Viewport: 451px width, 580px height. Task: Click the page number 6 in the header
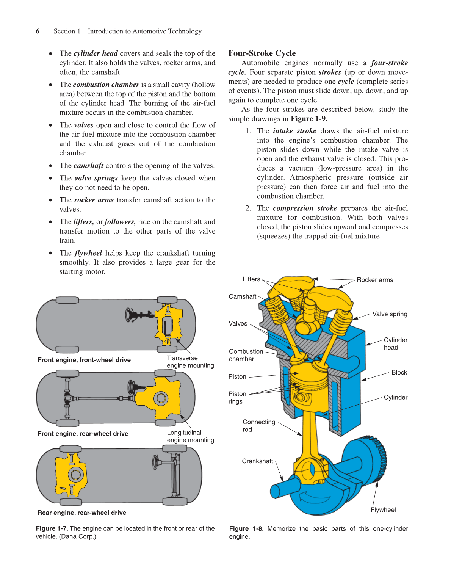point(38,31)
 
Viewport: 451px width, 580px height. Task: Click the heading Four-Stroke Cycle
point(262,53)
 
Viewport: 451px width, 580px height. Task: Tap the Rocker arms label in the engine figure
point(374,280)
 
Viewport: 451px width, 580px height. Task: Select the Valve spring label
point(389,314)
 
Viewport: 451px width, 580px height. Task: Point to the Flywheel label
point(383,510)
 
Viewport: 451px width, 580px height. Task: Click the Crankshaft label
point(257,461)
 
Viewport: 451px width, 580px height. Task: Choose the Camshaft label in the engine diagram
point(242,297)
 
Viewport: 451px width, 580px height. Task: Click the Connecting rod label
point(258,426)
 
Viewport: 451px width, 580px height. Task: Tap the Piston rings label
point(237,398)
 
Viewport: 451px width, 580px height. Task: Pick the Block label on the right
point(399,373)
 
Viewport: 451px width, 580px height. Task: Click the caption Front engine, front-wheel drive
point(84,360)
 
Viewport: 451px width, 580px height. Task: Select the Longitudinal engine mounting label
point(190,436)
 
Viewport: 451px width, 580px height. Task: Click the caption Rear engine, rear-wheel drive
point(82,513)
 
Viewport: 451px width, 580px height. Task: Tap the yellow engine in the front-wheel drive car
point(169,325)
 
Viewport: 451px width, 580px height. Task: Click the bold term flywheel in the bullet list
point(88,253)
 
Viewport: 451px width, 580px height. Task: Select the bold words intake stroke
point(294,131)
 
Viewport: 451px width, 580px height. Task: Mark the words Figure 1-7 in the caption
point(52,528)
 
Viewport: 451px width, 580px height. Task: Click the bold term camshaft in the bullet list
point(88,166)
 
